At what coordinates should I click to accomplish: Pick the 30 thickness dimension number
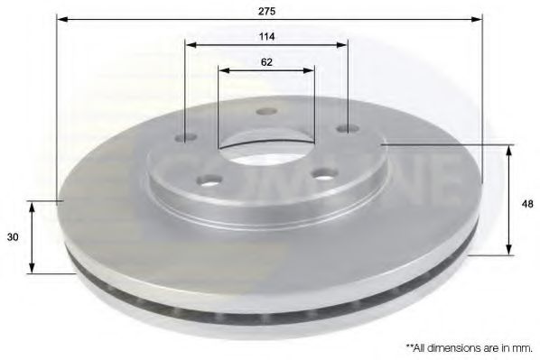(14, 237)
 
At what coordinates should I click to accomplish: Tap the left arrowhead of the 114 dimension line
(191, 45)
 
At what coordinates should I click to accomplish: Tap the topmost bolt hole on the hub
(265, 112)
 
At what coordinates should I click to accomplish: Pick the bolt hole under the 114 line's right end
(345, 129)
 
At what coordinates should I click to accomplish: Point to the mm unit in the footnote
(519, 346)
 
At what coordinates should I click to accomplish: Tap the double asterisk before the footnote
(409, 345)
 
